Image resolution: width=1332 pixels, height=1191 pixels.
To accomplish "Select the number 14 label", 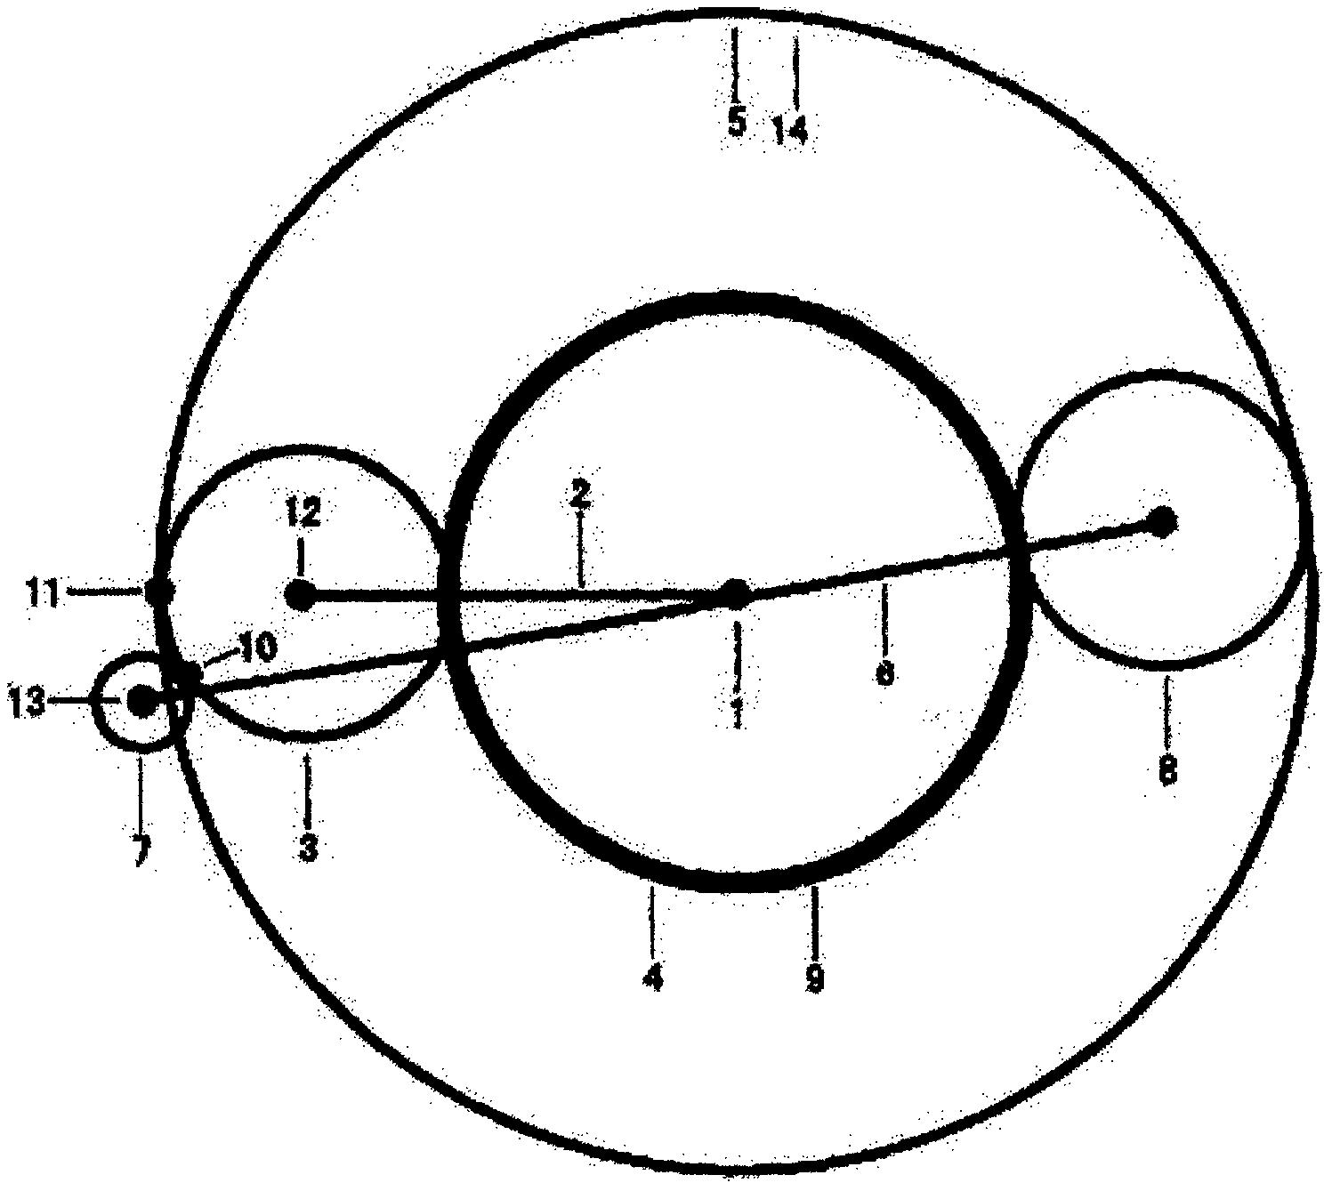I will tap(789, 131).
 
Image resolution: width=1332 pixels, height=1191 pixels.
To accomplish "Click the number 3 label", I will tap(308, 848).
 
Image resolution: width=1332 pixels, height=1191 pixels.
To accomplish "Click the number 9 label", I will tap(813, 978).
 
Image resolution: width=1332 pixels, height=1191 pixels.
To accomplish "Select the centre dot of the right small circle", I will tap(1161, 521).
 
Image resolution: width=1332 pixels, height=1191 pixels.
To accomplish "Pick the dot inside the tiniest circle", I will tap(141, 701).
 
